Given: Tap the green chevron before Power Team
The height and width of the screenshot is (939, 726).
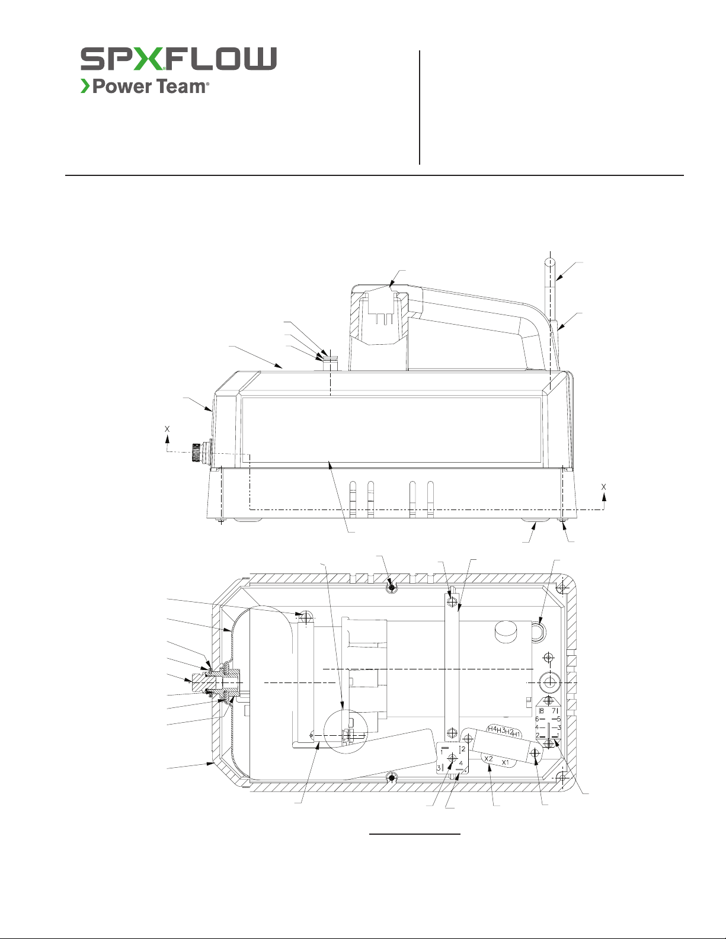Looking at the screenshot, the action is pyautogui.click(x=85, y=86).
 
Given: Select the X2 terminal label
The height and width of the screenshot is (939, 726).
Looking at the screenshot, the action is pyautogui.click(x=488, y=758).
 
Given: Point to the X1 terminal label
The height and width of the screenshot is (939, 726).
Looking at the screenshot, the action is pyautogui.click(x=506, y=762).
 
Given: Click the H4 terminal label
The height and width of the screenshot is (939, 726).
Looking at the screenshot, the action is pyautogui.click(x=492, y=729).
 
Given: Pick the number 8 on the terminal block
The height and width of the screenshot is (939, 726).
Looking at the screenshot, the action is pyautogui.click(x=542, y=711).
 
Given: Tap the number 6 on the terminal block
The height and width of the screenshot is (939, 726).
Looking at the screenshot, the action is pyautogui.click(x=537, y=719).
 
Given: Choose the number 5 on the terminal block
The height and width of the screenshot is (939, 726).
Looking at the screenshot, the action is pyautogui.click(x=559, y=719).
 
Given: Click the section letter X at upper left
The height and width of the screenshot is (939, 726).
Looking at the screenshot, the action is pyautogui.click(x=167, y=429).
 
